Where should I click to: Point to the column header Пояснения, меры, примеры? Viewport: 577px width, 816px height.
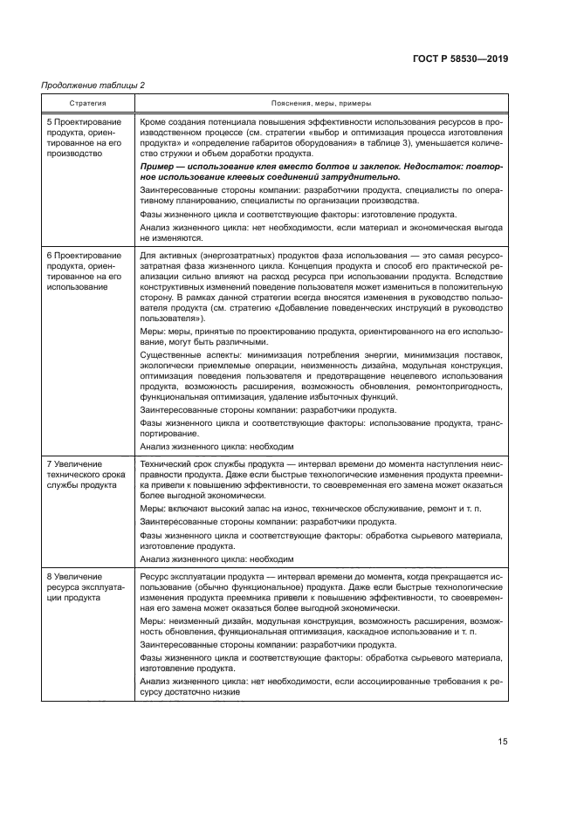pyautogui.click(x=320, y=103)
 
